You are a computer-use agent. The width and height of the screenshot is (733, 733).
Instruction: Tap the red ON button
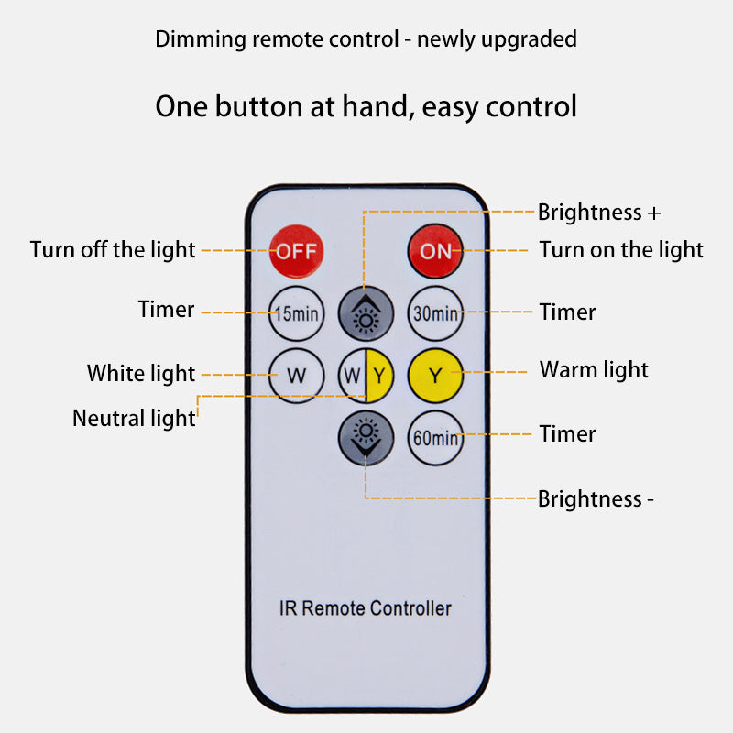(x=435, y=251)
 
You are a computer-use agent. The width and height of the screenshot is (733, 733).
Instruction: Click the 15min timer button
(x=296, y=313)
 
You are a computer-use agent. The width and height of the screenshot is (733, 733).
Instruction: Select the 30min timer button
(x=436, y=313)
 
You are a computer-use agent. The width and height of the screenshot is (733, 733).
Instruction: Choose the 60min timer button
(x=436, y=438)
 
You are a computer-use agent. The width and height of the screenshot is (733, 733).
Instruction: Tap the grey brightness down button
(x=366, y=438)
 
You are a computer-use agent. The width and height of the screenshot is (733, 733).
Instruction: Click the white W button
(x=296, y=376)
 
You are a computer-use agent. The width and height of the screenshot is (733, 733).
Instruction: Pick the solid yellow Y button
(x=436, y=376)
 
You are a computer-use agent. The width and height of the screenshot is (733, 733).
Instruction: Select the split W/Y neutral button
(x=366, y=376)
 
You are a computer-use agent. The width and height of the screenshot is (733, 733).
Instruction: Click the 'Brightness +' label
(x=599, y=213)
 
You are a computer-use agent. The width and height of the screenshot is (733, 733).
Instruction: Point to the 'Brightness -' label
(x=596, y=498)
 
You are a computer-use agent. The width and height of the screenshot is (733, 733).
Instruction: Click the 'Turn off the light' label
(x=113, y=250)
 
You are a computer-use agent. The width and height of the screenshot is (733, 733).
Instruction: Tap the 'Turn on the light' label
(x=621, y=250)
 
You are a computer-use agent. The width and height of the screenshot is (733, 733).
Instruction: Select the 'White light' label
(x=141, y=374)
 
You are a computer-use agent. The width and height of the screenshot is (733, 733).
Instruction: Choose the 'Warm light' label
(x=594, y=370)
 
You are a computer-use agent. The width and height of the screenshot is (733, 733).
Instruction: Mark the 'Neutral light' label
(x=134, y=419)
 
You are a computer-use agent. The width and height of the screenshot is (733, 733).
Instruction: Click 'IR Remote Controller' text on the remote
(x=365, y=608)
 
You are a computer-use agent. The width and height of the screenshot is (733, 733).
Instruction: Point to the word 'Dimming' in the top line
(x=201, y=39)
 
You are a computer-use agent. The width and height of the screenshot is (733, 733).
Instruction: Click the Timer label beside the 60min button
(x=567, y=433)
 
